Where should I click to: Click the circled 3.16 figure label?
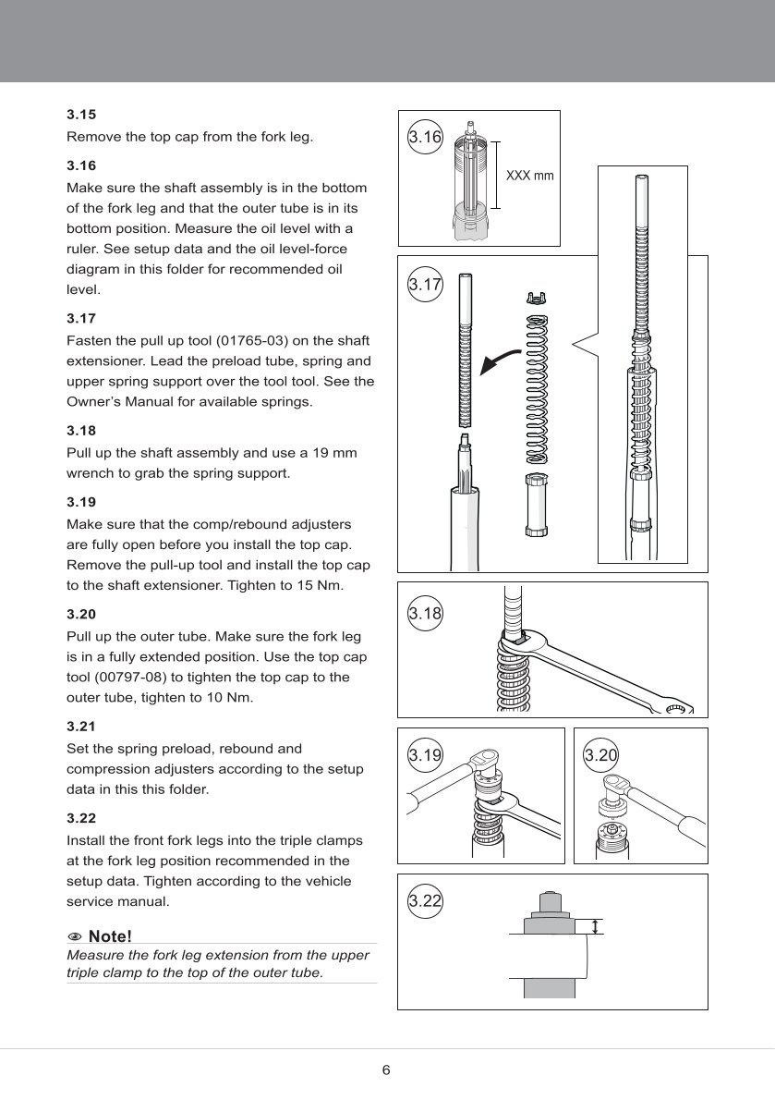tap(425, 137)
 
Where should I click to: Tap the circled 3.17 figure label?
tap(425, 284)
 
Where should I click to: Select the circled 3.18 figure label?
tap(425, 612)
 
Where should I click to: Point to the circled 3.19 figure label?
tap(425, 755)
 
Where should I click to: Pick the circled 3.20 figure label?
tap(600, 755)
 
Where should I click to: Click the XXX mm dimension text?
tap(530, 176)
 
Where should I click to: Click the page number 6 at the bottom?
tap(386, 1070)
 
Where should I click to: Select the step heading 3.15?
tap(81, 116)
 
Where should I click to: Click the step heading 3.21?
tap(81, 727)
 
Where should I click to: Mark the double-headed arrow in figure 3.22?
tap(597, 926)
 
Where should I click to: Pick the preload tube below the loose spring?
tap(537, 504)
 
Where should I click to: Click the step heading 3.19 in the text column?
tap(81, 503)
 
